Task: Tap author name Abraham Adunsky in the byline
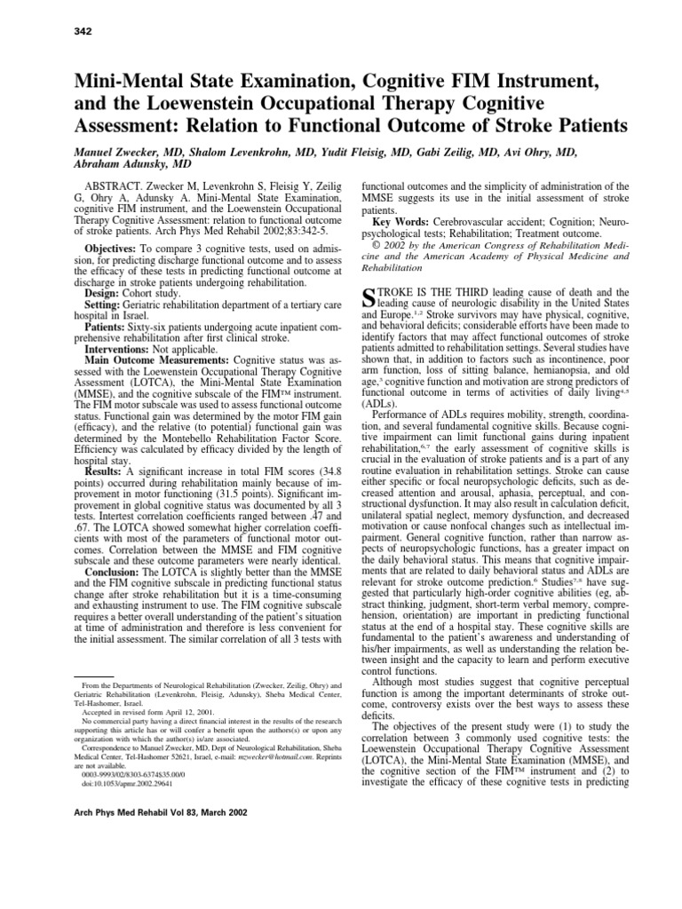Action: [109, 165]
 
